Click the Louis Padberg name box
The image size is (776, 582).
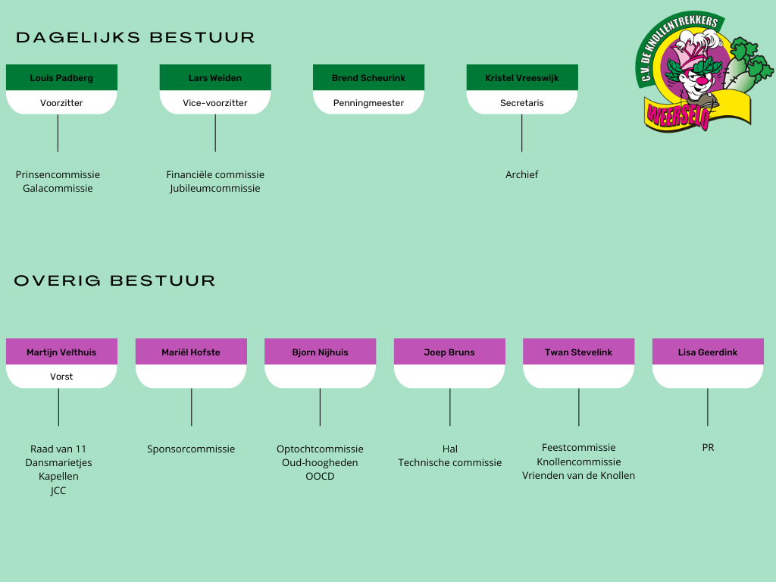(x=61, y=78)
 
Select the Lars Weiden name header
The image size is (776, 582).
(x=215, y=78)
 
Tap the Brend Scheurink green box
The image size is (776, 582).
(x=368, y=78)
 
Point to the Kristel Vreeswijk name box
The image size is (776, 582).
(x=522, y=78)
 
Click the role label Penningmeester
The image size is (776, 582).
(x=368, y=103)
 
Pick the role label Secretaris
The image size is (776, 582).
(x=522, y=103)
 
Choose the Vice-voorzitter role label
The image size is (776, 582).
(x=215, y=103)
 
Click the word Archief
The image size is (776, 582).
(x=522, y=175)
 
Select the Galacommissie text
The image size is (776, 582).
(x=58, y=189)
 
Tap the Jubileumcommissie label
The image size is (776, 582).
(x=215, y=189)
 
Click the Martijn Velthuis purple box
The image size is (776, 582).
(x=61, y=352)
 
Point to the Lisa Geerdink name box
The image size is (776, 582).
(x=708, y=352)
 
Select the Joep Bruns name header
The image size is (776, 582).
(x=449, y=352)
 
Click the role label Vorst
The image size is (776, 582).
(x=61, y=377)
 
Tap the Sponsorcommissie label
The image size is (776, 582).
(x=191, y=449)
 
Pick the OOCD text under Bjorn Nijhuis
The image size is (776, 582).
(x=320, y=477)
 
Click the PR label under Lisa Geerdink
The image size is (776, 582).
(x=708, y=448)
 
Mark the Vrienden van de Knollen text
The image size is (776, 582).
(x=579, y=476)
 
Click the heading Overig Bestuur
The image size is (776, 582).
(x=115, y=281)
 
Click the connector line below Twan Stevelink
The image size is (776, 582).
(x=579, y=407)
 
